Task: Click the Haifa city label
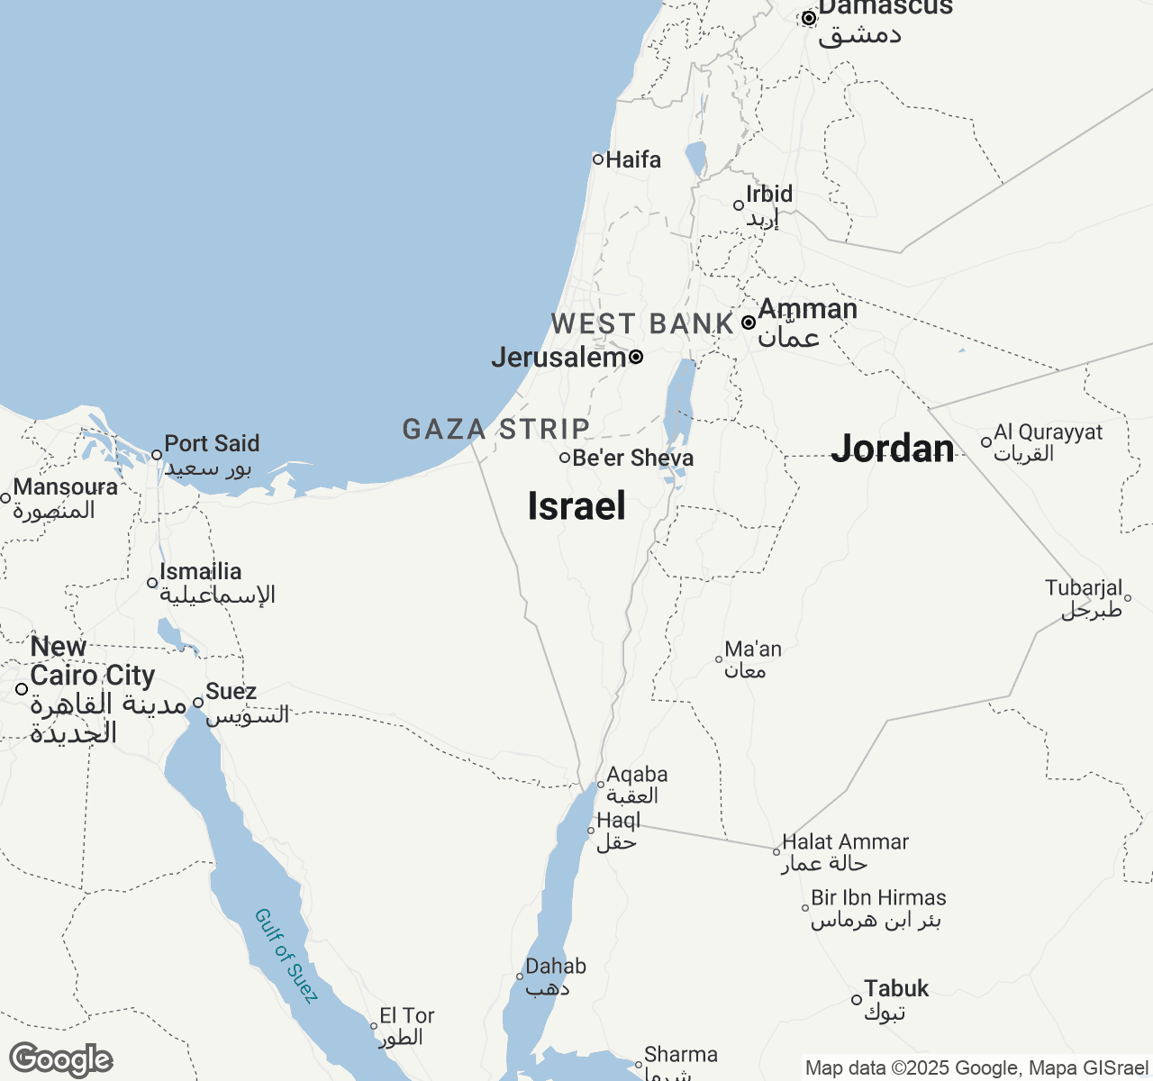click(x=633, y=160)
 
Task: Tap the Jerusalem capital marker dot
click(x=636, y=357)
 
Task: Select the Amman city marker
click(x=749, y=322)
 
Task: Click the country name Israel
click(x=576, y=506)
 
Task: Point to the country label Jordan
click(x=893, y=449)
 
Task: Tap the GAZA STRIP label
click(x=496, y=429)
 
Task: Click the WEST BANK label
click(x=642, y=323)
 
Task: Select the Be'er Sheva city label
click(x=633, y=459)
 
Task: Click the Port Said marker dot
click(x=157, y=455)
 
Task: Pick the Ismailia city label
click(x=201, y=572)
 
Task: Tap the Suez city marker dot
click(x=198, y=703)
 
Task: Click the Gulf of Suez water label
click(x=286, y=956)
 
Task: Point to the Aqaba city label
click(x=637, y=775)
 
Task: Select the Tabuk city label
click(x=896, y=989)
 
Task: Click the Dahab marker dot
click(x=520, y=977)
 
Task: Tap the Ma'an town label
click(x=753, y=650)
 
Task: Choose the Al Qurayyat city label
click(x=1049, y=432)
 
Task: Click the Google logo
click(x=61, y=1060)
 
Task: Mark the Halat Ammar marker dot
click(x=776, y=851)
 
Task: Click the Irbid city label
click(x=769, y=195)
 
